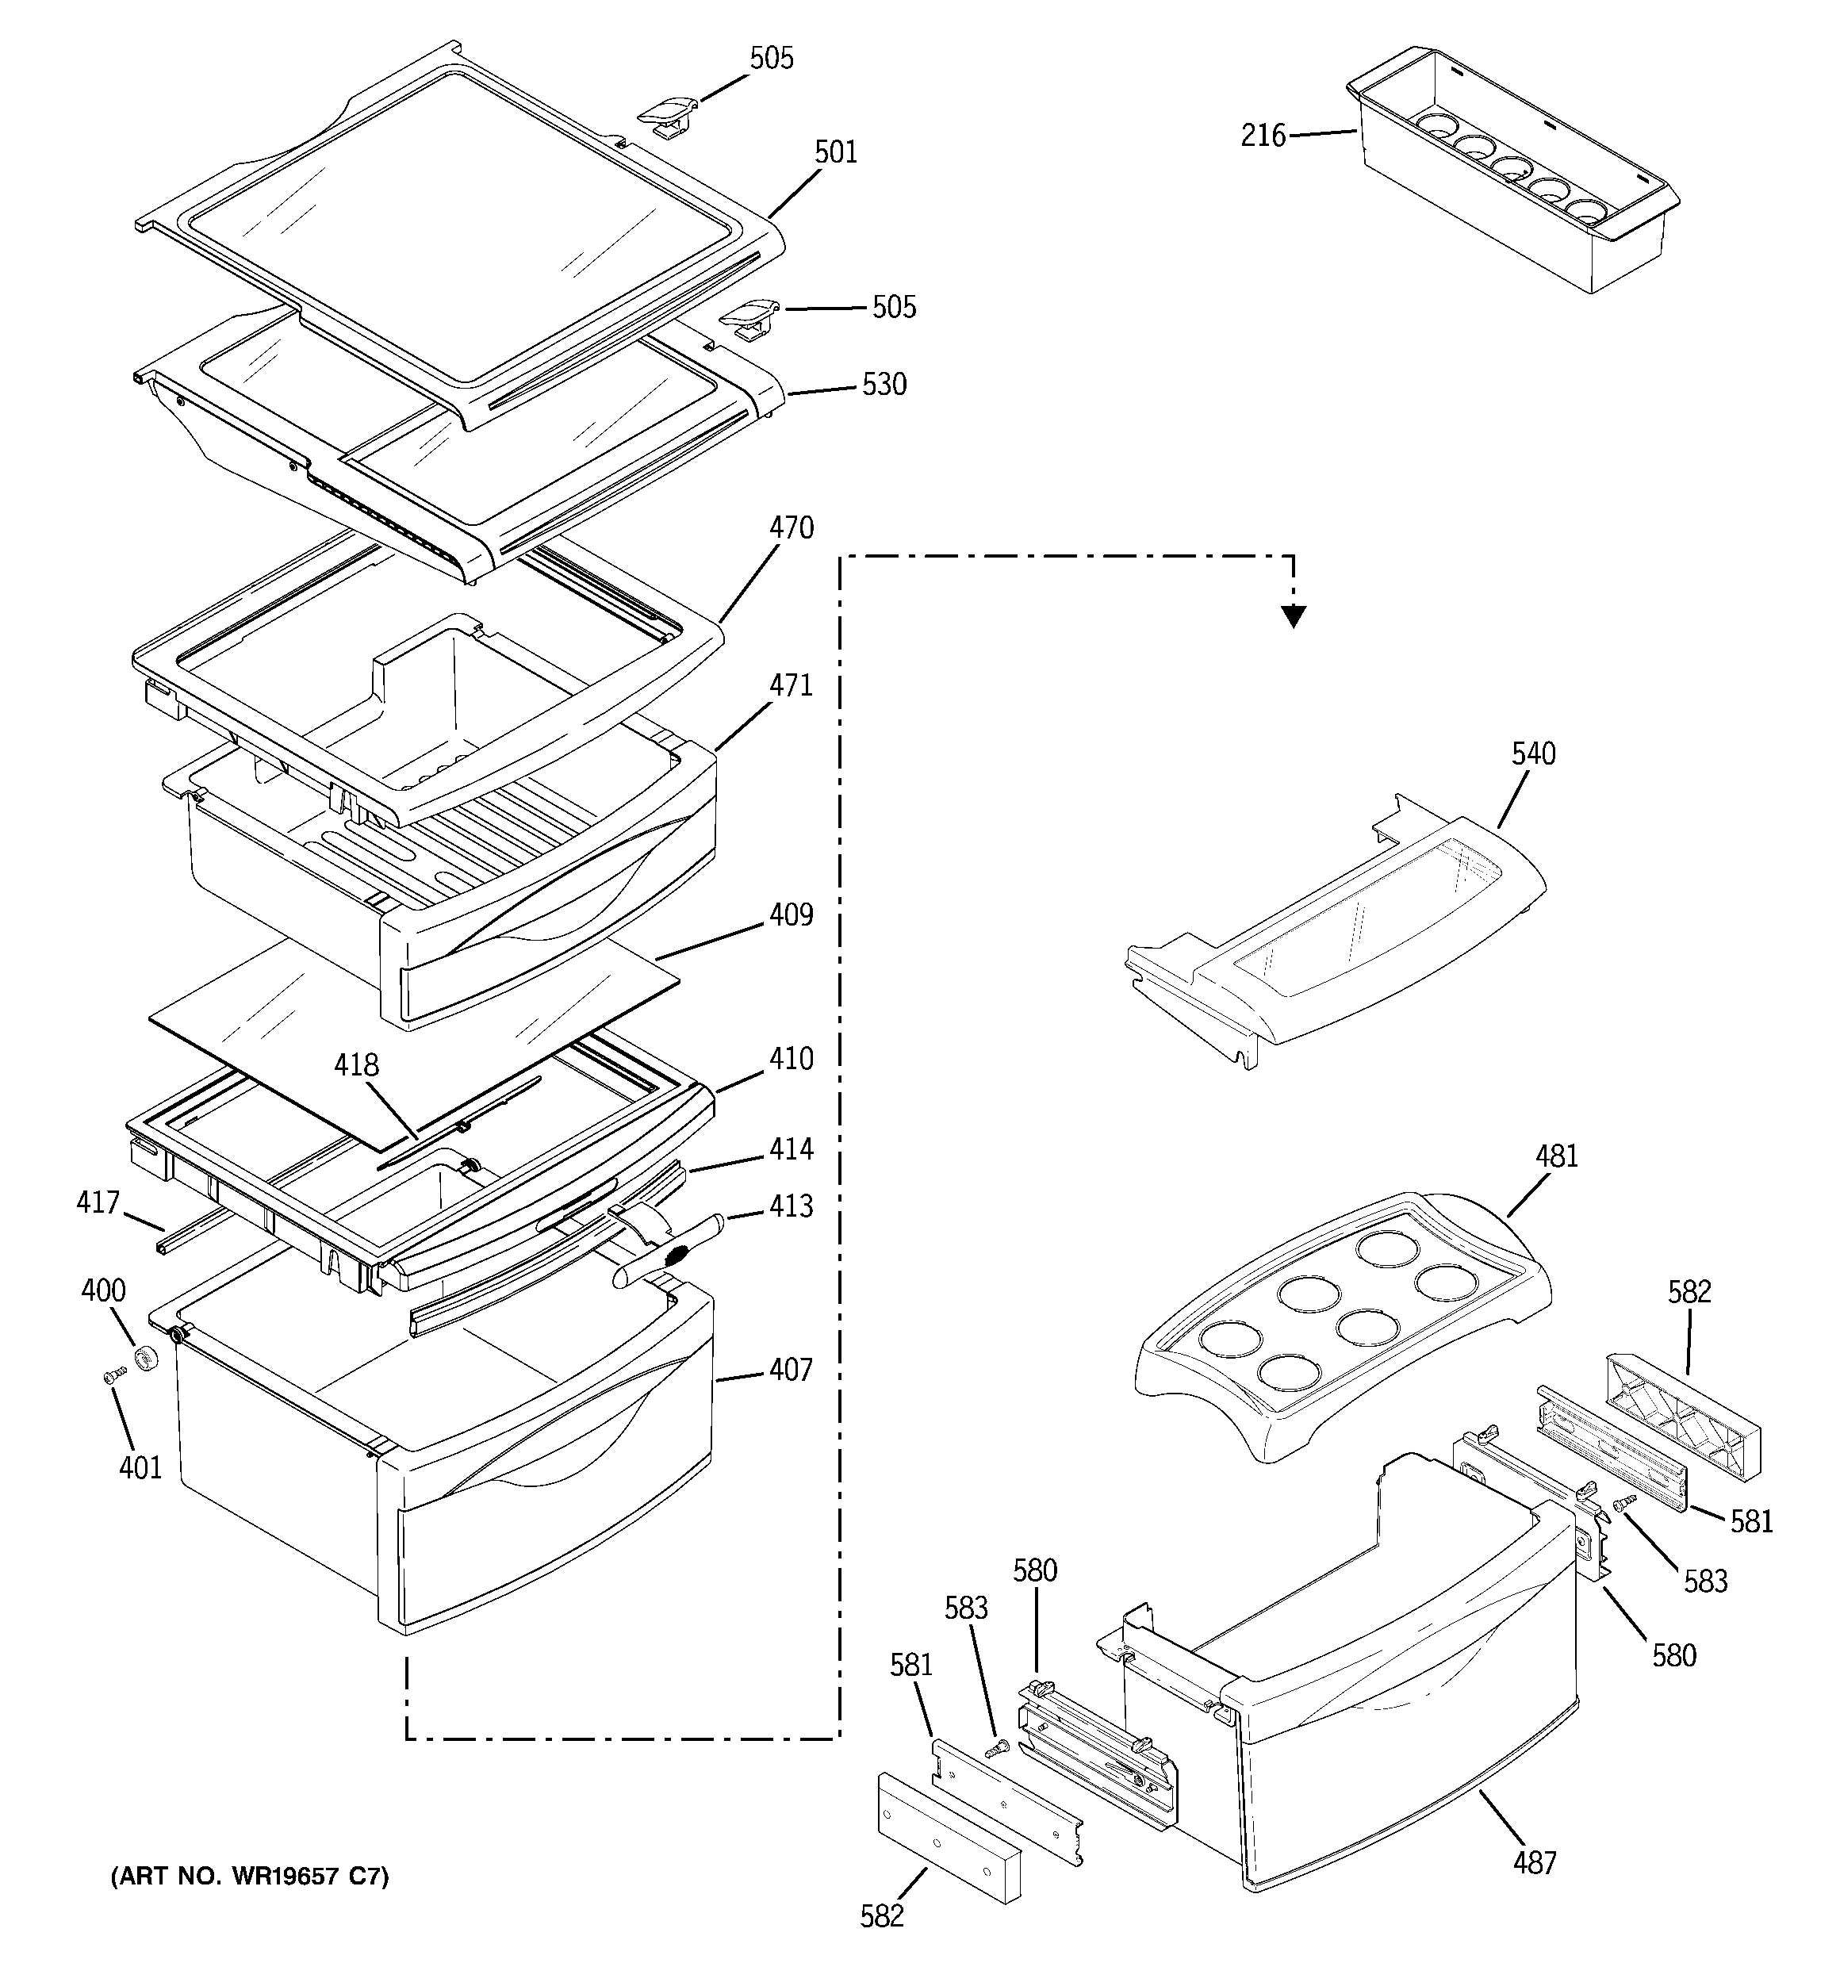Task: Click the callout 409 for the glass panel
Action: click(x=791, y=915)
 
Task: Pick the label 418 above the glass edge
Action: click(x=355, y=1064)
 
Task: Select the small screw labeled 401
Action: click(x=113, y=1374)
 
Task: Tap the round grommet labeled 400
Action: click(x=148, y=1359)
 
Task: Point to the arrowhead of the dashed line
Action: click(x=1293, y=618)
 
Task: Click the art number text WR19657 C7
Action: click(x=249, y=1876)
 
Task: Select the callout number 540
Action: click(x=1533, y=754)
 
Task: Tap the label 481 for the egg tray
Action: click(x=1557, y=1156)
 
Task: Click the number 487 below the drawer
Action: click(x=1534, y=1863)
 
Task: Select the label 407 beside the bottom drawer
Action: click(x=790, y=1370)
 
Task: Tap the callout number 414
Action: click(x=791, y=1149)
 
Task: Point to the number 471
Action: click(x=791, y=685)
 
